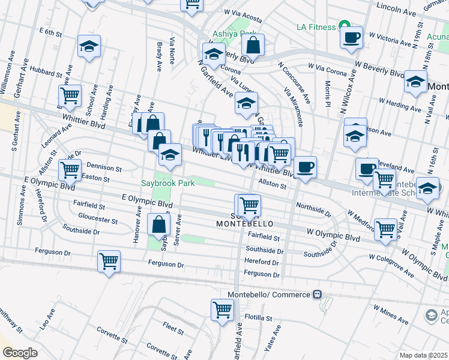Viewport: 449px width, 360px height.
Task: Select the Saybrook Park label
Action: (x=167, y=182)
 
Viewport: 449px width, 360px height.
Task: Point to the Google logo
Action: (x=20, y=353)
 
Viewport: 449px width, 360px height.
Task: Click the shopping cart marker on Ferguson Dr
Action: (x=109, y=261)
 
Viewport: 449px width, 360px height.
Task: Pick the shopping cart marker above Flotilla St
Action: (x=222, y=310)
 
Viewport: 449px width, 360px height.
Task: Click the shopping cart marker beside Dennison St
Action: (x=70, y=170)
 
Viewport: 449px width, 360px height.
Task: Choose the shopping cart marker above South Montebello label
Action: (x=249, y=205)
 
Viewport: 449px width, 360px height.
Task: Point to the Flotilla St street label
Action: (x=259, y=318)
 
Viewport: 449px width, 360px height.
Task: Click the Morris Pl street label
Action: (x=328, y=94)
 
